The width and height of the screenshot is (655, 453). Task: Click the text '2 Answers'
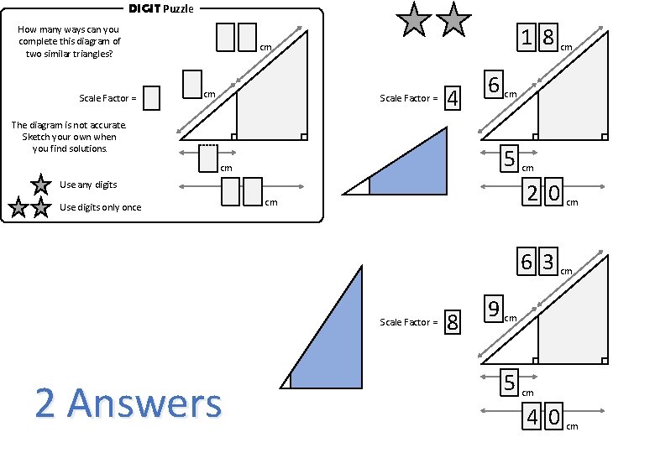pos(128,404)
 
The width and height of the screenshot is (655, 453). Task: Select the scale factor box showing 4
pos(453,98)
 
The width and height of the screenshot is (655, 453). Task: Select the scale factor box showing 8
pos(453,322)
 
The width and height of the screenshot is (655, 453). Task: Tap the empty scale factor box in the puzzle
pos(151,98)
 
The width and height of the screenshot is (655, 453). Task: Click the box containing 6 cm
pos(494,86)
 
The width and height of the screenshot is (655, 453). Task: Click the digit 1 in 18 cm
pos(527,37)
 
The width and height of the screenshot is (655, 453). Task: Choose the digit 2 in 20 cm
pos(532,194)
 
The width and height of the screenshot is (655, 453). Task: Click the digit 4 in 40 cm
pos(532,417)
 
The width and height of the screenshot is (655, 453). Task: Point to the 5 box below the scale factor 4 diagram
pos(509,157)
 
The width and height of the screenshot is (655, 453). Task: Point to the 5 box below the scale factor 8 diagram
pos(509,383)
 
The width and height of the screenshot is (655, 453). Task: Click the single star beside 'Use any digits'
pos(39,185)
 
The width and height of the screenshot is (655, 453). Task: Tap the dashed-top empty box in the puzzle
pos(208,158)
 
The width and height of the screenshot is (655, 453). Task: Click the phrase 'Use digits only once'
pos(101,207)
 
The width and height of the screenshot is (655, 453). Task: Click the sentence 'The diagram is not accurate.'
pos(69,125)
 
